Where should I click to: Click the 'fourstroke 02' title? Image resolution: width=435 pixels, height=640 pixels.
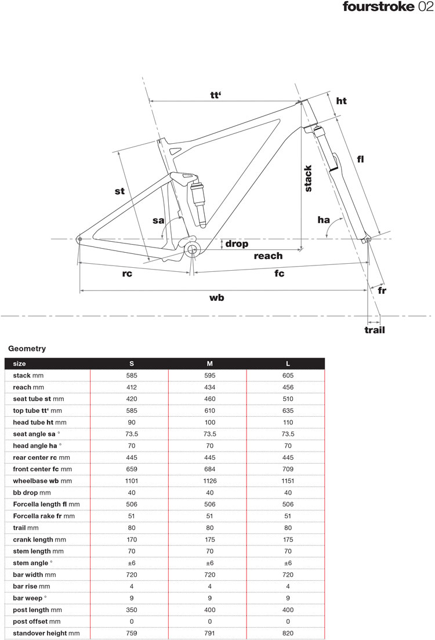click(387, 8)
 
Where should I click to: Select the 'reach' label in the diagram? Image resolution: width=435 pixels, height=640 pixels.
click(268, 256)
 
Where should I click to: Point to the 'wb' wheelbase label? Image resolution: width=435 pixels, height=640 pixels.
click(217, 297)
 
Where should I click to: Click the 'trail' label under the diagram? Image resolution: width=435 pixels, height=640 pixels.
click(375, 330)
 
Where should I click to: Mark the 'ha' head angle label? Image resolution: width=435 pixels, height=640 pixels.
click(324, 220)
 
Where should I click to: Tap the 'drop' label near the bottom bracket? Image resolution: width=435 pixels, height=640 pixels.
click(237, 244)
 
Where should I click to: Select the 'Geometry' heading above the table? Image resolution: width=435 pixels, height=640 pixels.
click(27, 349)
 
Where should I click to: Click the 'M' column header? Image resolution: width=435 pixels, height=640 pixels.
click(209, 363)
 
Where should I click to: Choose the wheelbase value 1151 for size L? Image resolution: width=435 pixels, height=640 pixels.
click(288, 481)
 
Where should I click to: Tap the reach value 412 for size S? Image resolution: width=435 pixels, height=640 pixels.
click(132, 387)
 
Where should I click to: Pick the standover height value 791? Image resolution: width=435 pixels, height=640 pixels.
click(209, 633)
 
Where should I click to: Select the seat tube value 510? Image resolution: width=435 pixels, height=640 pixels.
click(288, 399)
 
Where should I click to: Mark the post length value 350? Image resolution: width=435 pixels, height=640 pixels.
click(132, 610)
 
